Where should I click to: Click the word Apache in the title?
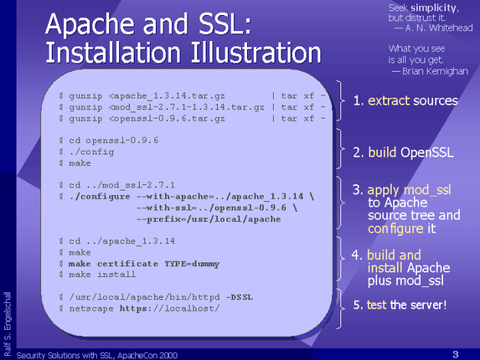90,24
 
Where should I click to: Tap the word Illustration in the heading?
256,53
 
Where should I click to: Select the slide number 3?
456,354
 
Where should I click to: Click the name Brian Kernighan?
435,71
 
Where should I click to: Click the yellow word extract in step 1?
389,100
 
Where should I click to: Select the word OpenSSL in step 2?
427,152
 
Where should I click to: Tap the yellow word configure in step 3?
395,229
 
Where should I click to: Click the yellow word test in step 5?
376,305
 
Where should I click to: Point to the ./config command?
91,152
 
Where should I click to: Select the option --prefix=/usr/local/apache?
209,219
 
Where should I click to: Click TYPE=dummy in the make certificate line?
192,264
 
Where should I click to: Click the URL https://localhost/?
169,308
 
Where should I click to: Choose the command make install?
102,275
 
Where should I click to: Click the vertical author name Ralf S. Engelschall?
7,324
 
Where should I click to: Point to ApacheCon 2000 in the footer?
147,355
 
